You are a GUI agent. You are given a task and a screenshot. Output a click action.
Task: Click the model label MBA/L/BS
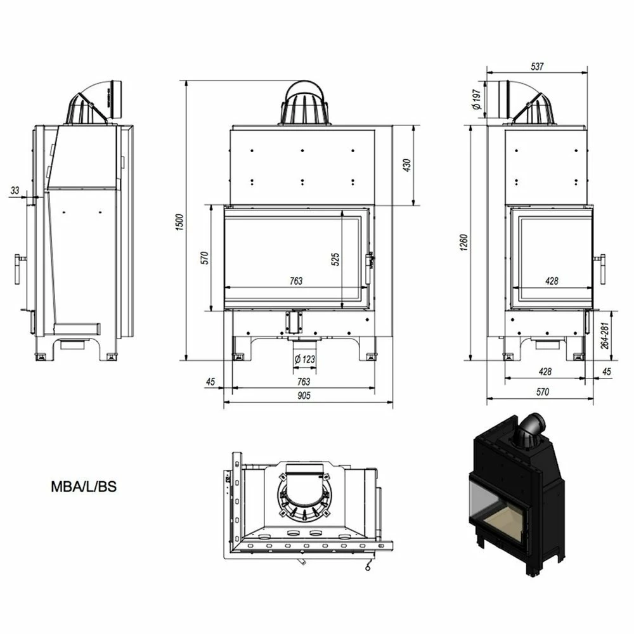84,486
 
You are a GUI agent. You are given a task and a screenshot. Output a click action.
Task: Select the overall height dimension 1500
180,222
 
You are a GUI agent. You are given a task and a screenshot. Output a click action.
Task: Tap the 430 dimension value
407,165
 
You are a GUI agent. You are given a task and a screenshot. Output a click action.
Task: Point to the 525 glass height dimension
335,259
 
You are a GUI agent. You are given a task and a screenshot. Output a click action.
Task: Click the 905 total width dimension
304,396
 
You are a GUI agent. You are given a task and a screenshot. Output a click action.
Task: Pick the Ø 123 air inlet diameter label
305,359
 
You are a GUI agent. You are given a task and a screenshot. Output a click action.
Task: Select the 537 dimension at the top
537,67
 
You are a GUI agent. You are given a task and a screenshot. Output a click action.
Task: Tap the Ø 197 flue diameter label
476,100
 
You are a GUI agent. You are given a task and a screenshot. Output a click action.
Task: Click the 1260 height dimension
464,242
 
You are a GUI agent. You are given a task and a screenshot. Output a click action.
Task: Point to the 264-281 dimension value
604,335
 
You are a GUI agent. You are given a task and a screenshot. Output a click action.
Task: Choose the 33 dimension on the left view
15,190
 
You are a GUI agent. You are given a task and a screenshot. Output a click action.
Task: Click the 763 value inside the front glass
296,281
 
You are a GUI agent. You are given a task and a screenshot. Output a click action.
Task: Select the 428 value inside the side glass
552,281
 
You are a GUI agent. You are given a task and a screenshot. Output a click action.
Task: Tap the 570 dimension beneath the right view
543,391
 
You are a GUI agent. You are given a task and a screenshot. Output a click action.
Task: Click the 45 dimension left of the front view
210,382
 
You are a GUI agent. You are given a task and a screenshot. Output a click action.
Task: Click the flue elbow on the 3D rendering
531,429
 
